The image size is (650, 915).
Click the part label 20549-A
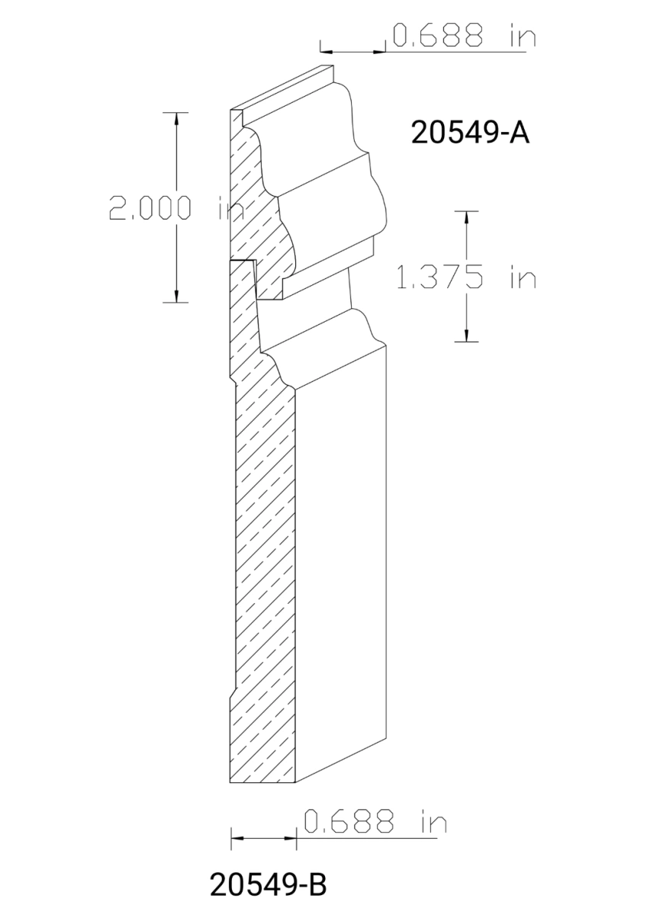click(469, 133)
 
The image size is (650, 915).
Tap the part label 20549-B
click(268, 885)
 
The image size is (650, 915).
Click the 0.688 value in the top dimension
click(438, 36)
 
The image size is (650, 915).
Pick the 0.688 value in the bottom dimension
click(349, 822)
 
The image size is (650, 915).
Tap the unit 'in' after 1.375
click(523, 278)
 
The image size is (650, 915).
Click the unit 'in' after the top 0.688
click(519, 36)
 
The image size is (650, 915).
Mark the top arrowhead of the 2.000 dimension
click(177, 118)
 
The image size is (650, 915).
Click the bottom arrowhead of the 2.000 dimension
click(177, 297)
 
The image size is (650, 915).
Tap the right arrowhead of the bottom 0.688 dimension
click(291, 839)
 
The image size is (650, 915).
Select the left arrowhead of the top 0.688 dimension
click(326, 52)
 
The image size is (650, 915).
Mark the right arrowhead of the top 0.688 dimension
click(380, 52)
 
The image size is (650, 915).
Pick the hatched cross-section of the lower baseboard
click(263, 572)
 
